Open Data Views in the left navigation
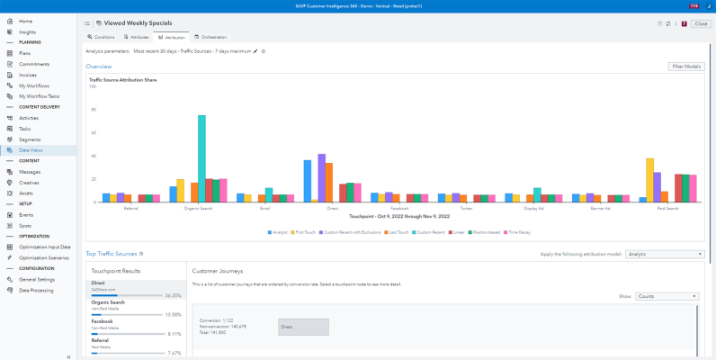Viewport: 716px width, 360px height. [x=31, y=150]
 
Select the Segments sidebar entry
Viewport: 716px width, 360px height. [x=30, y=139]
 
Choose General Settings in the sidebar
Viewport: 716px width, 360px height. [x=37, y=279]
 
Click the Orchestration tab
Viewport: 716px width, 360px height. [x=210, y=37]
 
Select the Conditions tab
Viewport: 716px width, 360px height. [x=102, y=37]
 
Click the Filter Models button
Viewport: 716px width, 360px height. [x=686, y=67]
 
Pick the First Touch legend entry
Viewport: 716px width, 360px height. [x=311, y=231]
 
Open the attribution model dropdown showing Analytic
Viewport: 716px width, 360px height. [x=665, y=255]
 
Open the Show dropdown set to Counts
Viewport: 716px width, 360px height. [x=667, y=295]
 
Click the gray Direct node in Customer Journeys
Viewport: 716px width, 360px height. [x=303, y=327]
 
